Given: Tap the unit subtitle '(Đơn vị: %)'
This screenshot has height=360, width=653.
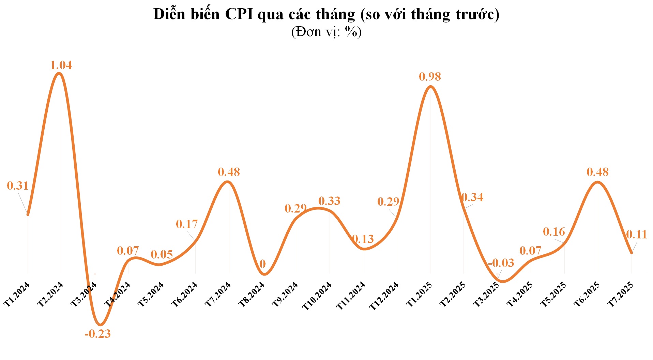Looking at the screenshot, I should pos(326,32).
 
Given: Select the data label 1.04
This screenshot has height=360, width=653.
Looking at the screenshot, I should pos(61,65).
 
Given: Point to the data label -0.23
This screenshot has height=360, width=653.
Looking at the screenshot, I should pos(97,334).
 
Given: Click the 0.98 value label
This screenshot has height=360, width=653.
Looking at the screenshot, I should pos(430,77).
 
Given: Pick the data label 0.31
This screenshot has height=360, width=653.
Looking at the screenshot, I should pos(18,186).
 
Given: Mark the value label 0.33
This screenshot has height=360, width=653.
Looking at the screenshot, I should pos(329,201).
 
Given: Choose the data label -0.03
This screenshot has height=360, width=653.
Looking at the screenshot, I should pos(501,263).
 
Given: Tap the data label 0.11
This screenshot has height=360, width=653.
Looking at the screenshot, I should pos(636,234).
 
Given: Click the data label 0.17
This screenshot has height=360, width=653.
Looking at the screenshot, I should pos(187,224).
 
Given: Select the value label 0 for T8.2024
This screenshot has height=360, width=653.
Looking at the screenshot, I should pos(262,264).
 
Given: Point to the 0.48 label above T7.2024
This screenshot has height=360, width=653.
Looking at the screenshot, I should pos(229,172).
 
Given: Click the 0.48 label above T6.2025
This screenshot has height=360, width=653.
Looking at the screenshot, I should pos(597,172).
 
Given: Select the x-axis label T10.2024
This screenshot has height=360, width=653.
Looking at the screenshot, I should pos(317,296).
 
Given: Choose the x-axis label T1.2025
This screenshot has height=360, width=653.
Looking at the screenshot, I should pos(419,295).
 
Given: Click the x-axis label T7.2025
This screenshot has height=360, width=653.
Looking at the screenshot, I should pos(621,295).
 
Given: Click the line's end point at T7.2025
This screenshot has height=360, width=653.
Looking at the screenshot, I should pos(631,253).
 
